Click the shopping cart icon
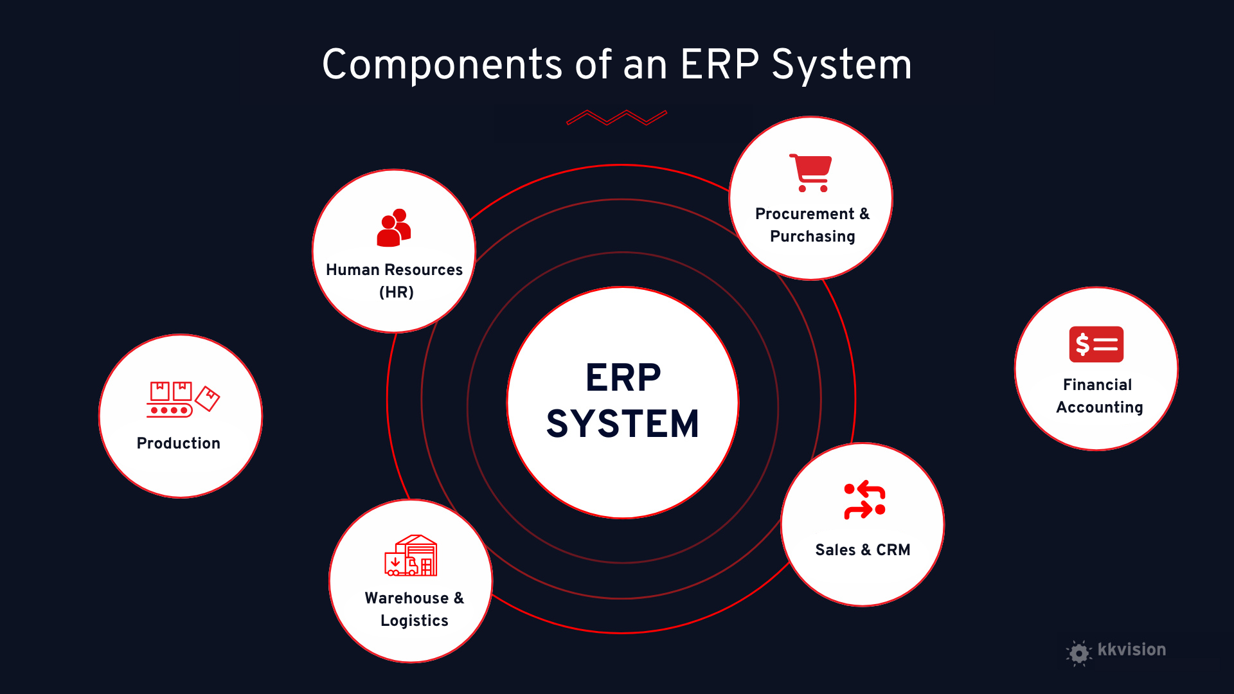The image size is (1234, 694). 811,172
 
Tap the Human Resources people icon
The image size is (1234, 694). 393,227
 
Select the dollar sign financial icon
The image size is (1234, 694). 1096,344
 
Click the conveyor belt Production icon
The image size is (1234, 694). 183,400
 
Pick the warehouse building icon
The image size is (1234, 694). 411,556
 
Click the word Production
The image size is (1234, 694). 179,443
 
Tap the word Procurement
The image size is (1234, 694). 805,214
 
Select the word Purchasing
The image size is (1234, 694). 812,236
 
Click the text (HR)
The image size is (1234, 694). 397,292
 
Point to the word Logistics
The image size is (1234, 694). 415,621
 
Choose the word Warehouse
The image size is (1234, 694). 407,598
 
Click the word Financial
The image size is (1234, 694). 1097,385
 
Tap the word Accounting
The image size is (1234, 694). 1100,407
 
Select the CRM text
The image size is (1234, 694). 893,550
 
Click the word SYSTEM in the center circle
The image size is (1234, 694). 622,424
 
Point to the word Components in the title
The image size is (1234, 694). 443,64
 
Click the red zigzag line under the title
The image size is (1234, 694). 616,118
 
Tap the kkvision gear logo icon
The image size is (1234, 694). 1079,653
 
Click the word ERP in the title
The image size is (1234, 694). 720,64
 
